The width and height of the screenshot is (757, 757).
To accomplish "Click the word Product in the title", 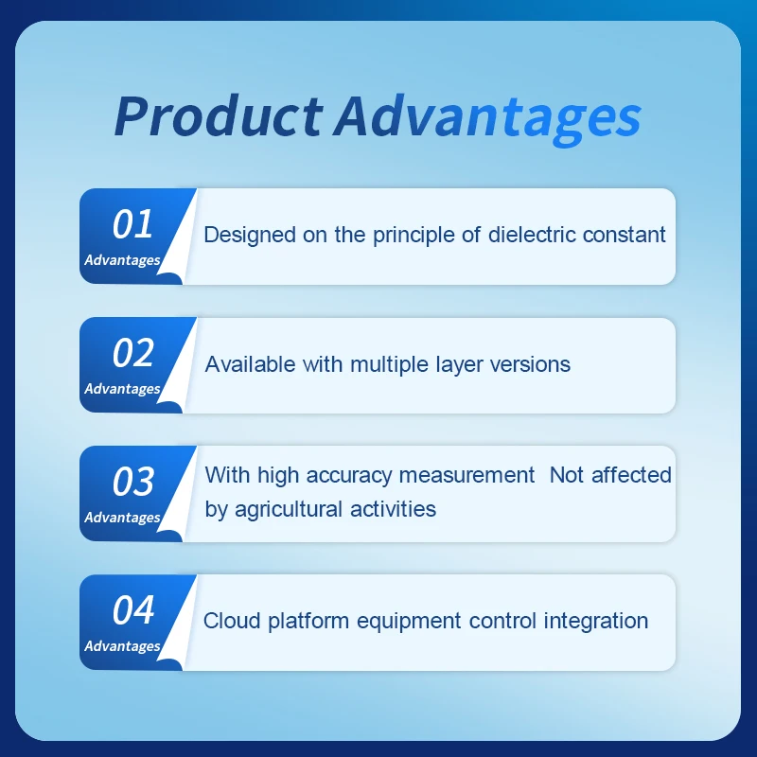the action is (x=219, y=115).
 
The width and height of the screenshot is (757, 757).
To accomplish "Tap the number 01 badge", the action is (x=132, y=224).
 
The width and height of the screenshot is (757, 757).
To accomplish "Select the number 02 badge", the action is (x=133, y=352).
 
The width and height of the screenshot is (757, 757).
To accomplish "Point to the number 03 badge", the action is (x=133, y=482).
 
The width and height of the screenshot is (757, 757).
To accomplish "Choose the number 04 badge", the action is (x=133, y=609).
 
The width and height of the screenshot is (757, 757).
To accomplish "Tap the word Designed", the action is (x=250, y=235).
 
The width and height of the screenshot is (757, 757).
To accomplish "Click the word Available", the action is (x=250, y=364).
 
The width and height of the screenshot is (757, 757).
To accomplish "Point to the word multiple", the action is (x=389, y=365).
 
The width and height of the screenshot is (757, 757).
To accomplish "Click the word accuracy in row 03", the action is (x=348, y=476).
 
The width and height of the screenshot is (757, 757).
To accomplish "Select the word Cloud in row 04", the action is (x=232, y=621).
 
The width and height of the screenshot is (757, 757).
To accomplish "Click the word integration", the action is (x=596, y=622).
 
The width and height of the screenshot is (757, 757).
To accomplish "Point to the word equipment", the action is (x=409, y=622).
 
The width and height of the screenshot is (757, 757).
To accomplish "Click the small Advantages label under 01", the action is (x=122, y=260).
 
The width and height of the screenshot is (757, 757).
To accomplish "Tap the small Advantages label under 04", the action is (x=122, y=646).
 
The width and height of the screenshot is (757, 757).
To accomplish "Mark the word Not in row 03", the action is (x=567, y=475).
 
